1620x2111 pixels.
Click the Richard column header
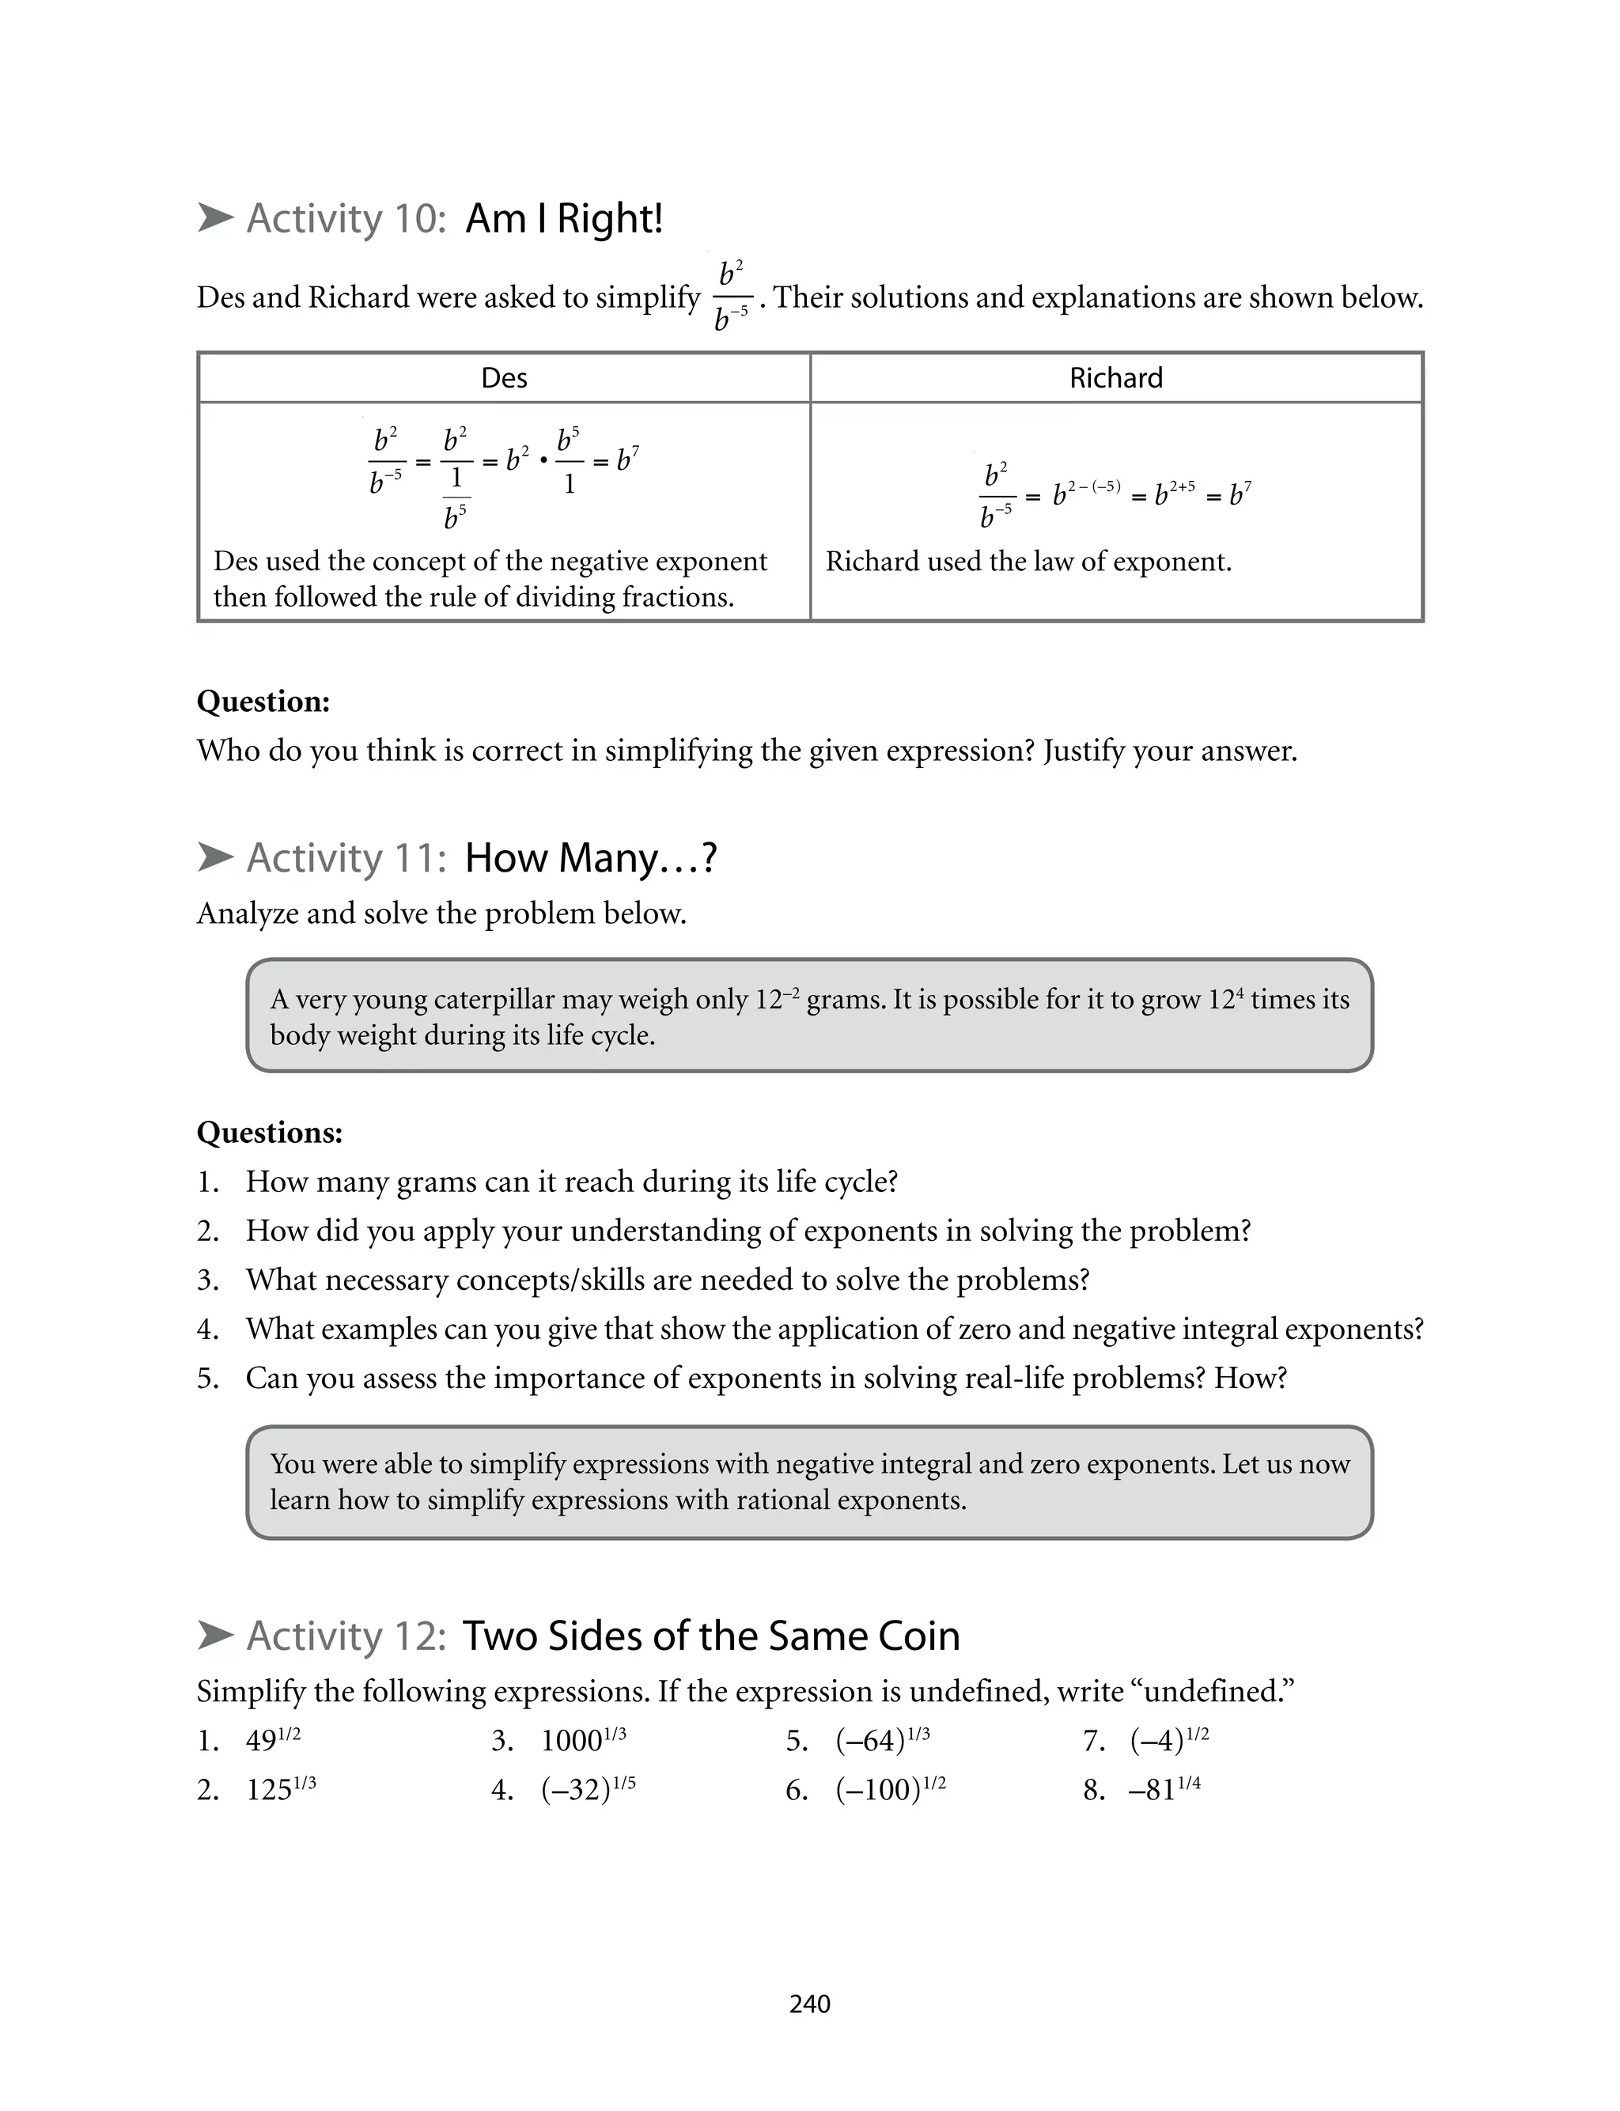[x=1115, y=378]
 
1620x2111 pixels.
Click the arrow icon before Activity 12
[x=215, y=1635]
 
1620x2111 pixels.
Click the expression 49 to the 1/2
[x=273, y=1740]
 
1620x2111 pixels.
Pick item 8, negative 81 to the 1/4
[x=1164, y=1790]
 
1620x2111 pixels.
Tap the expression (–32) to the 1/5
[x=587, y=1790]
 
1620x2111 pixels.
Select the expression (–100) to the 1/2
[x=890, y=1790]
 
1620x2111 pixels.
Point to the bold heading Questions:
[x=269, y=1132]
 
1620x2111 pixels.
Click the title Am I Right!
[x=564, y=219]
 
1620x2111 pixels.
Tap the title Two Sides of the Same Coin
[x=710, y=1636]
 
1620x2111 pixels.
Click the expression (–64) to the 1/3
[x=881, y=1740]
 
